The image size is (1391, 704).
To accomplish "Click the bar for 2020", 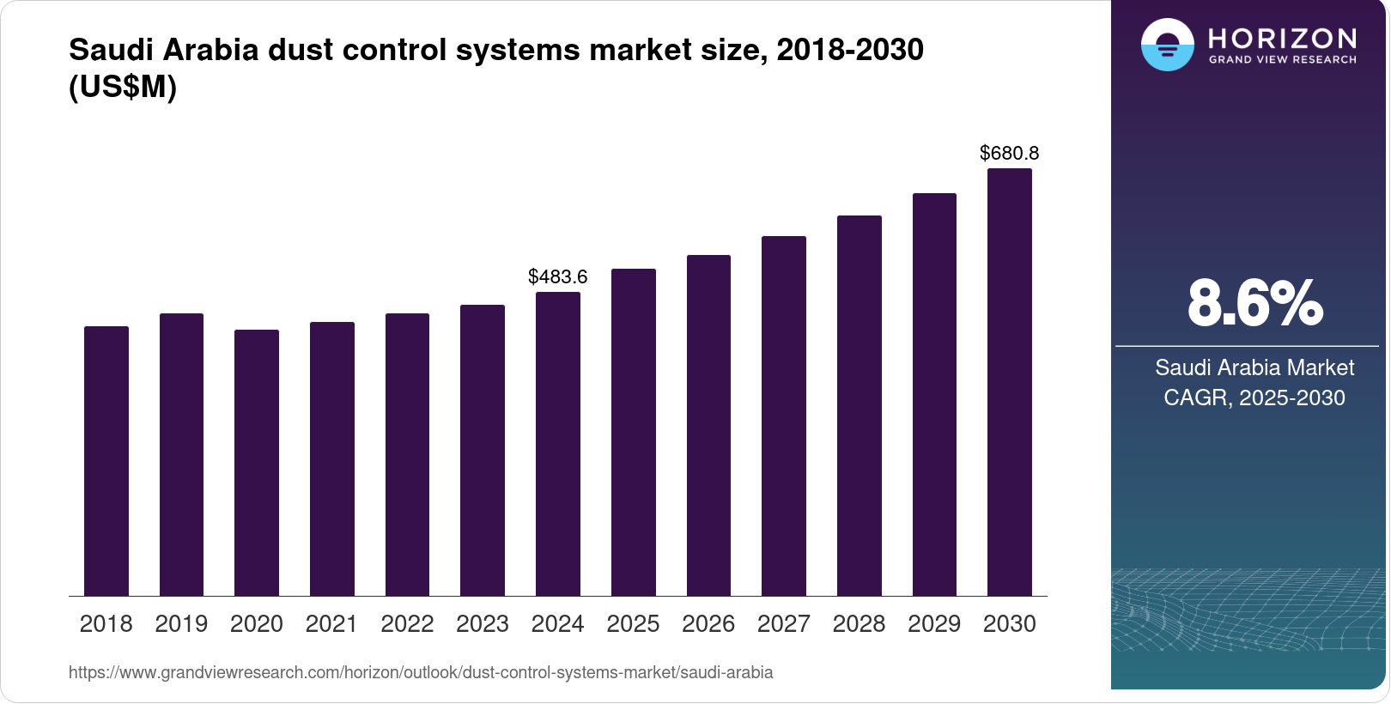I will pos(257,463).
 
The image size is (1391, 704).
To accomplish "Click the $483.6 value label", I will pos(558,276).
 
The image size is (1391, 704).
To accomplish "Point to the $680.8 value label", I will pos(1010,153).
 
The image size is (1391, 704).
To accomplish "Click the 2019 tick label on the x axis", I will pos(181,624).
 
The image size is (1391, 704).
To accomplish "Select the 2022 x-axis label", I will pos(407,624).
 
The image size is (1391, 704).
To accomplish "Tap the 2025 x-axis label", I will pos(633,624).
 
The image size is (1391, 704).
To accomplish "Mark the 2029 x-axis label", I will pos(934,624).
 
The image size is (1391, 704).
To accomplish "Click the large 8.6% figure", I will pos(1254,303).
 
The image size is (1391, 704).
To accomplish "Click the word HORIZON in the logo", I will pos(1283,38).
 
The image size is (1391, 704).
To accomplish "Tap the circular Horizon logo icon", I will pos(1168,45).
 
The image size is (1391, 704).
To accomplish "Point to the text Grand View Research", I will pos(1283,60).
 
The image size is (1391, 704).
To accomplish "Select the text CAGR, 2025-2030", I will pos(1254,398).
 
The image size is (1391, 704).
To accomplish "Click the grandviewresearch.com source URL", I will pos(421,672).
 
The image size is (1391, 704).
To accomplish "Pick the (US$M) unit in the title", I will pos(123,87).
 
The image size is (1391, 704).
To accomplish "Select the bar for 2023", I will pos(483,451).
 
